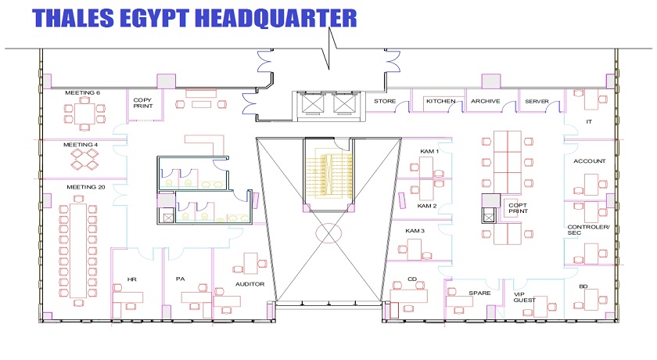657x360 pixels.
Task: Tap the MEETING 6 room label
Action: click(x=83, y=92)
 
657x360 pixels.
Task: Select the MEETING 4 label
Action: click(x=81, y=145)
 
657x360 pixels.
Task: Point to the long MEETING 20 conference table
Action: click(x=78, y=250)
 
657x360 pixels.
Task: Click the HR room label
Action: click(x=132, y=279)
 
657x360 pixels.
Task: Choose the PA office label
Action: click(x=180, y=279)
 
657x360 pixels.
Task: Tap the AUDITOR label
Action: click(x=250, y=284)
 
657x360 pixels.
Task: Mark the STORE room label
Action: click(x=385, y=101)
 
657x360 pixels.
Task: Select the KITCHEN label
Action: click(x=441, y=101)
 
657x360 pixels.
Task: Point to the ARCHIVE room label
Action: click(x=485, y=101)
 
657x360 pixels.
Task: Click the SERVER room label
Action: click(x=537, y=102)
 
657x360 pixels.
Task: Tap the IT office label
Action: click(x=589, y=121)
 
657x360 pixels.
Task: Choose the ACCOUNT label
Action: click(x=590, y=161)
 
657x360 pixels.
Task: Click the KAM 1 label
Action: click(x=429, y=151)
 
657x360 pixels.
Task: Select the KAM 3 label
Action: click(x=415, y=231)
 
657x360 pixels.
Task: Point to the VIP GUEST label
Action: click(x=524, y=297)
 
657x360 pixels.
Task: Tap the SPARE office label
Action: click(x=479, y=293)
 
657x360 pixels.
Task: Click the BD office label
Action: click(x=583, y=286)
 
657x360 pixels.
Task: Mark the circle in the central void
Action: click(x=329, y=223)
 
